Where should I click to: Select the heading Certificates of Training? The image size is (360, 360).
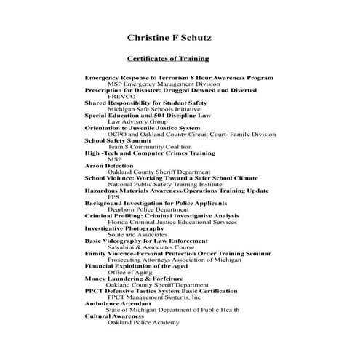point(168,57)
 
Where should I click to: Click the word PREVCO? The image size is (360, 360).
point(121,96)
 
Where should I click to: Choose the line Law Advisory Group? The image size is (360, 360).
point(137,121)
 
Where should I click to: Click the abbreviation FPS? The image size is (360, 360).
point(113,196)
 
